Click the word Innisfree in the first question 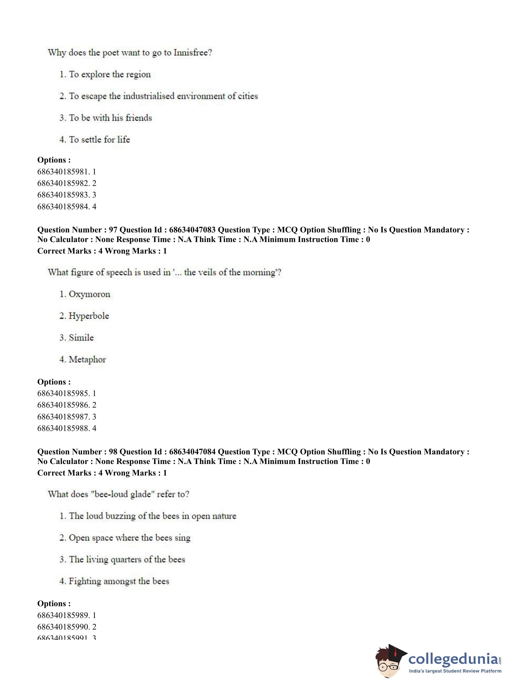tap(193, 53)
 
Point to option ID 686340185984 tap(64, 207)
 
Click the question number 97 tap(113, 230)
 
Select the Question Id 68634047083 tap(192, 230)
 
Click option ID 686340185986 tap(64, 405)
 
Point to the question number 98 tap(113, 452)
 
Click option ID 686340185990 tap(64, 627)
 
